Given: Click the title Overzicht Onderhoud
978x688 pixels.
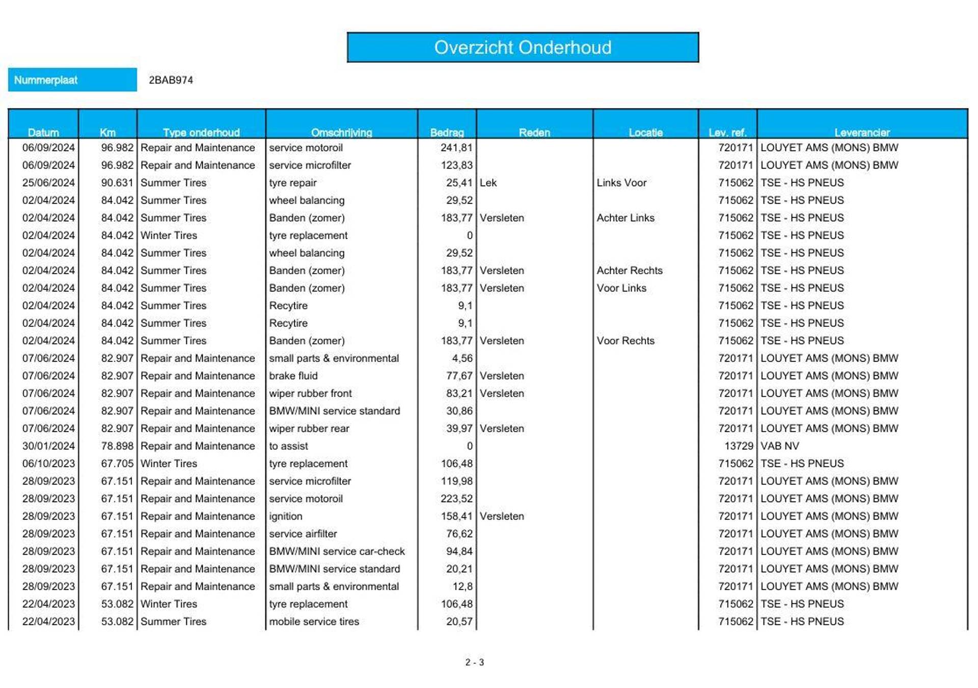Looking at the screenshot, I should click(x=523, y=47).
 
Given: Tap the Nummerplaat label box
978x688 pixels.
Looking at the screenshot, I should click(x=72, y=80).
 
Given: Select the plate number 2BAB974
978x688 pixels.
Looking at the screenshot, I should click(x=171, y=80).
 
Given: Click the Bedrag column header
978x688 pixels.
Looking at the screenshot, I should click(x=447, y=133).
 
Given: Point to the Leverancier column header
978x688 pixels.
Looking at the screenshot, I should click(x=862, y=133).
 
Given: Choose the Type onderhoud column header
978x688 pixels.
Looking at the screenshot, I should click(x=201, y=133).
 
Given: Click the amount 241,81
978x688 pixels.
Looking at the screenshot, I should click(x=456, y=148).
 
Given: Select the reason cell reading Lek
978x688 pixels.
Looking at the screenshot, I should click(x=488, y=183).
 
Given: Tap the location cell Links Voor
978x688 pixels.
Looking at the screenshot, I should click(x=621, y=183).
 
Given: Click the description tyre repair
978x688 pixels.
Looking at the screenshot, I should click(x=293, y=183).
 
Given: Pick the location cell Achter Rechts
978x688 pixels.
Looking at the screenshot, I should click(x=630, y=271).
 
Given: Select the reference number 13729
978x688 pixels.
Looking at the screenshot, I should click(x=739, y=446).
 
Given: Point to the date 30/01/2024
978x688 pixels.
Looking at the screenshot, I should click(x=48, y=446).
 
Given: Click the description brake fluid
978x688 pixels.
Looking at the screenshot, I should click(x=293, y=376).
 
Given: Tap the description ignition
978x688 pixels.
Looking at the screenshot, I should click(x=286, y=516).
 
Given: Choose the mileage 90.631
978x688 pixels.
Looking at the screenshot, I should click(x=117, y=183).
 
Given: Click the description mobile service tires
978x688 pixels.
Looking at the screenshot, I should click(x=314, y=622).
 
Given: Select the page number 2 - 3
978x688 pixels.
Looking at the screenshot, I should click(x=474, y=663).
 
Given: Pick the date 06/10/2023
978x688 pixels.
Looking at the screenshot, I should click(x=48, y=464).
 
